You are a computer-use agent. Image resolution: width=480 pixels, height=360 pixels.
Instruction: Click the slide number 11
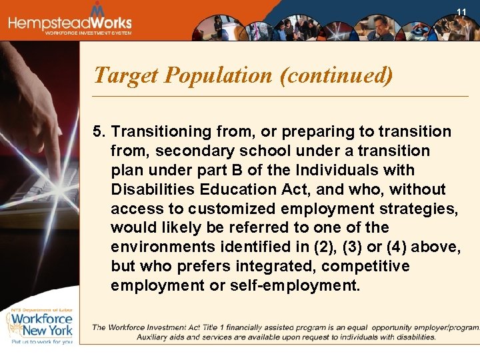[x=461, y=12]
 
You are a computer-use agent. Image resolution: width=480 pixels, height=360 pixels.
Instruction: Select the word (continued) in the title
[x=336, y=75]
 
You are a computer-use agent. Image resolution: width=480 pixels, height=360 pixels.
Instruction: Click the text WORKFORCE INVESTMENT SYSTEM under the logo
[x=88, y=33]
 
